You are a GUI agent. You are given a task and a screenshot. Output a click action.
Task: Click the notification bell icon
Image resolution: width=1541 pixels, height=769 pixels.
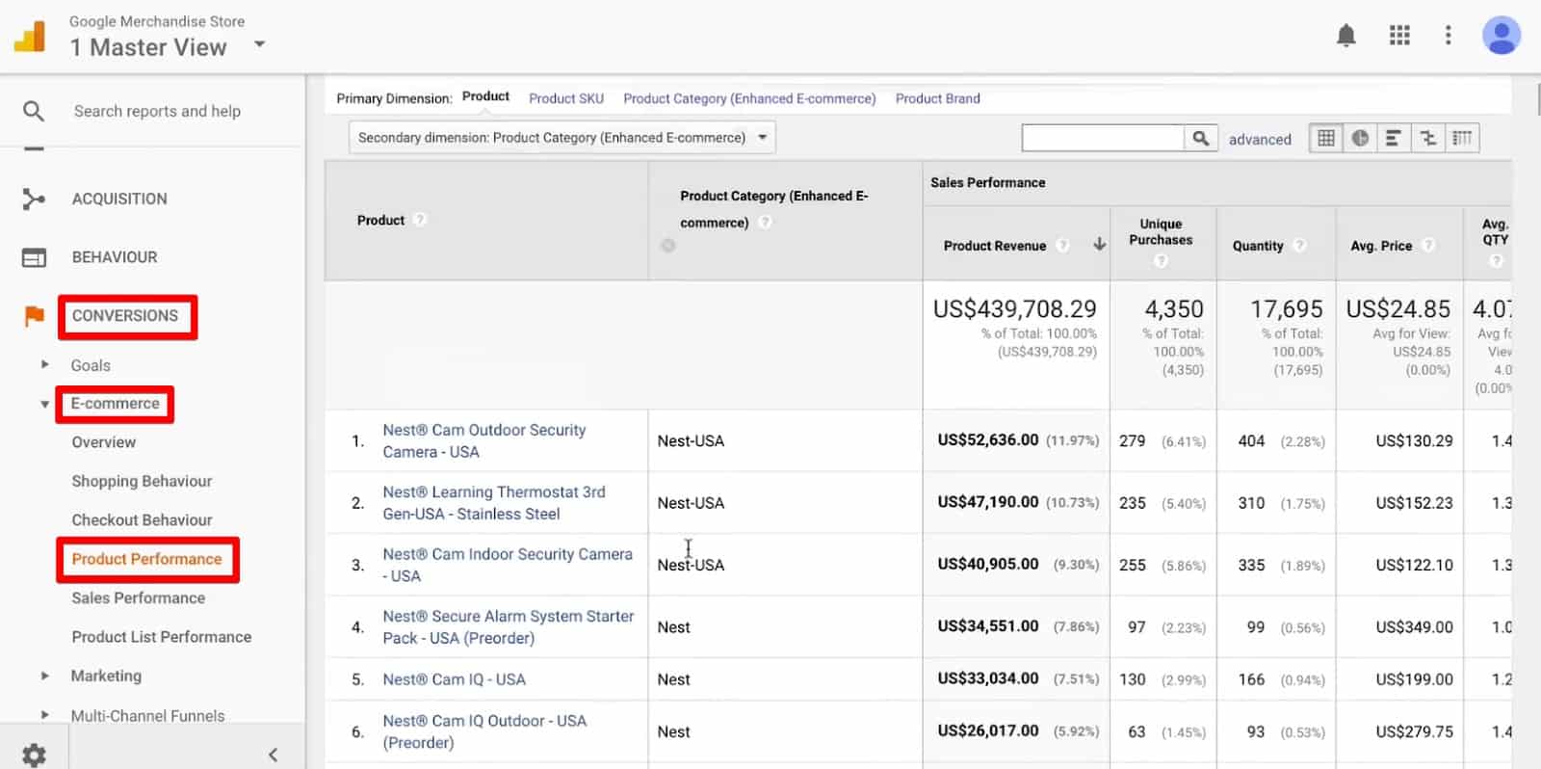pyautogui.click(x=1346, y=37)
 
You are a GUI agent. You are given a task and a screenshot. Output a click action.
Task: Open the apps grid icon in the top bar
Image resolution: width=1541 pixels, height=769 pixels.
pyautogui.click(x=1399, y=36)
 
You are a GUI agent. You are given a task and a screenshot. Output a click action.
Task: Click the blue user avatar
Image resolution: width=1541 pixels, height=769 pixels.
pyautogui.click(x=1501, y=36)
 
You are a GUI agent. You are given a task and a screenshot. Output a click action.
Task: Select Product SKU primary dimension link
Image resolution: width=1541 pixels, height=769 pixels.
pyautogui.click(x=566, y=98)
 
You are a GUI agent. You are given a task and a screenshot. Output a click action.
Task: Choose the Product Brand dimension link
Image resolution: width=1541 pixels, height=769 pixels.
pyautogui.click(x=937, y=98)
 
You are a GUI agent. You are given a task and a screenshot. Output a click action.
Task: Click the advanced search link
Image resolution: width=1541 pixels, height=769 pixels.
pyautogui.click(x=1260, y=139)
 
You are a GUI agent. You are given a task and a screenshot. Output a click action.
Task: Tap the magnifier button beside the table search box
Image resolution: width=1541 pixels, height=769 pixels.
pyautogui.click(x=1200, y=138)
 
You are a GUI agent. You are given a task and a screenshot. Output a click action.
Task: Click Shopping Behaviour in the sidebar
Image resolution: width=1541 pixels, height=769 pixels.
pyautogui.click(x=142, y=481)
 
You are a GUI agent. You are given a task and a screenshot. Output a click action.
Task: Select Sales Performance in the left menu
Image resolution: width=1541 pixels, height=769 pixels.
pyautogui.click(x=138, y=597)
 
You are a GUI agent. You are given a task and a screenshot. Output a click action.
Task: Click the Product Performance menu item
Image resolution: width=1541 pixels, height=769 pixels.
pyautogui.click(x=146, y=559)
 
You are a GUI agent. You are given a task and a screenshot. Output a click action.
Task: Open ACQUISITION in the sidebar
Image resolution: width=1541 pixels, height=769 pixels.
pyautogui.click(x=119, y=199)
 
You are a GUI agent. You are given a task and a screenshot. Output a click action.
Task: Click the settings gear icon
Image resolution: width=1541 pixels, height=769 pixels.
pyautogui.click(x=34, y=755)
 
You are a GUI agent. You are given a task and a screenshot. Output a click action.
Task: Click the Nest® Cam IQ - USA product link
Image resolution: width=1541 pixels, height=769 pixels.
pyautogui.click(x=454, y=679)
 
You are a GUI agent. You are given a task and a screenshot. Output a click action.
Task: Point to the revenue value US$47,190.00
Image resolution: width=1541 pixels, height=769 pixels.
pyautogui.click(x=988, y=502)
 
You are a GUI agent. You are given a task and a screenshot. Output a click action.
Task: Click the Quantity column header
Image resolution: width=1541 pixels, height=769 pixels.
pyautogui.click(x=1258, y=246)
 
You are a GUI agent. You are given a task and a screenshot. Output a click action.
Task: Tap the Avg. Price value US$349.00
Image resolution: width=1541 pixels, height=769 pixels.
pyautogui.click(x=1414, y=626)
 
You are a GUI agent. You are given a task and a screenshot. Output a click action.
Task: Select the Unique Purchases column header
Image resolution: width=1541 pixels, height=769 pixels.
pyautogui.click(x=1161, y=232)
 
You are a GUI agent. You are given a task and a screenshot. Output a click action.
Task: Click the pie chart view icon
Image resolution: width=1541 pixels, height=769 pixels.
pyautogui.click(x=1360, y=138)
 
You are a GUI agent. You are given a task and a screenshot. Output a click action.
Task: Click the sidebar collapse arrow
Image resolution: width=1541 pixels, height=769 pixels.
pyautogui.click(x=273, y=755)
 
